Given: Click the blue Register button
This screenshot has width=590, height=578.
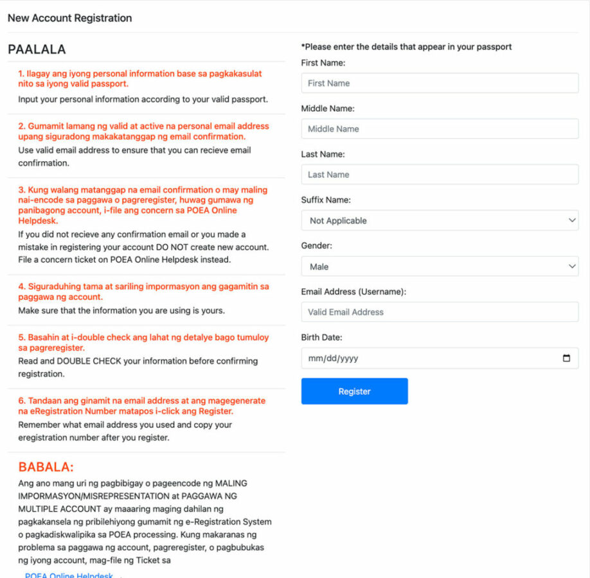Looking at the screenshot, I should [x=354, y=391].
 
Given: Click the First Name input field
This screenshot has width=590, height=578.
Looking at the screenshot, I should [x=440, y=83].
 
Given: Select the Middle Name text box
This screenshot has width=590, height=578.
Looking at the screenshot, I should [x=440, y=129].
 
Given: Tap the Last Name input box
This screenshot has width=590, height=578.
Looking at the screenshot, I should [x=440, y=175].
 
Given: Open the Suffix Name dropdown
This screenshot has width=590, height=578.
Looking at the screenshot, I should [x=440, y=220].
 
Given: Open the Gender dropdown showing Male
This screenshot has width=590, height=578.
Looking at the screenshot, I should [x=440, y=267].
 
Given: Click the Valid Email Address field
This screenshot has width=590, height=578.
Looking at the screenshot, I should [x=440, y=312].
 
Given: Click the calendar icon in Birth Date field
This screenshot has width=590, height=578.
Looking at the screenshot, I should [x=566, y=358].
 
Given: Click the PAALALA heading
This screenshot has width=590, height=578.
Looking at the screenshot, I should [x=37, y=49].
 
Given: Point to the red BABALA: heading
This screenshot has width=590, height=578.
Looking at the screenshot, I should [x=46, y=467].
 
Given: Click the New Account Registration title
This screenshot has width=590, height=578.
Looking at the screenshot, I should [x=69, y=18].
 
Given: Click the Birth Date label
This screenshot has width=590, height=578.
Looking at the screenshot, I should [x=321, y=337].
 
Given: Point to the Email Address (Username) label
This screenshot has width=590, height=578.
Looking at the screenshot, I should [x=353, y=292].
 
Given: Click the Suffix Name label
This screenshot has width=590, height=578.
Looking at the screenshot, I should [x=326, y=200].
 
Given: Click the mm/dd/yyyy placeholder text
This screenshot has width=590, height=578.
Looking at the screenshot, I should [x=333, y=358].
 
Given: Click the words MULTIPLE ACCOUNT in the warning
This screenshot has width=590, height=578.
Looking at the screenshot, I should [x=60, y=509].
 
